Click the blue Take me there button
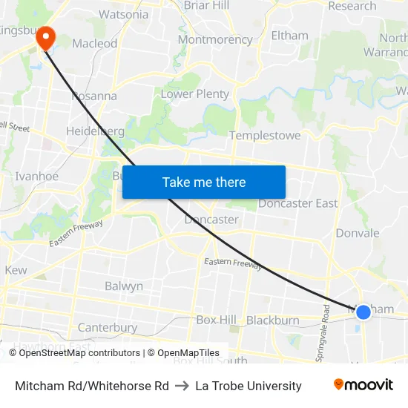click(x=204, y=182)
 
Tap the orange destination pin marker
click(x=45, y=37)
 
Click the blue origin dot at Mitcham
click(x=363, y=312)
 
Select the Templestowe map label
click(x=265, y=136)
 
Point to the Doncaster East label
click(x=297, y=203)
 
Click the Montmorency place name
click(x=215, y=39)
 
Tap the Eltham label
click(x=289, y=35)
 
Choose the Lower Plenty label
click(x=195, y=93)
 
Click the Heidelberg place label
click(x=95, y=131)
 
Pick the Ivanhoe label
click(x=36, y=176)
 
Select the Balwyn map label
click(x=124, y=286)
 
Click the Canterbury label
click(x=108, y=327)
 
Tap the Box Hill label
click(x=216, y=320)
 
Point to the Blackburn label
click(x=272, y=320)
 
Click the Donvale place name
click(x=357, y=233)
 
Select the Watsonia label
click(x=124, y=14)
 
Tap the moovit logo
click(x=363, y=385)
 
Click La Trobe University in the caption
click(x=249, y=386)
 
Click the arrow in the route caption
click(x=182, y=386)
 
